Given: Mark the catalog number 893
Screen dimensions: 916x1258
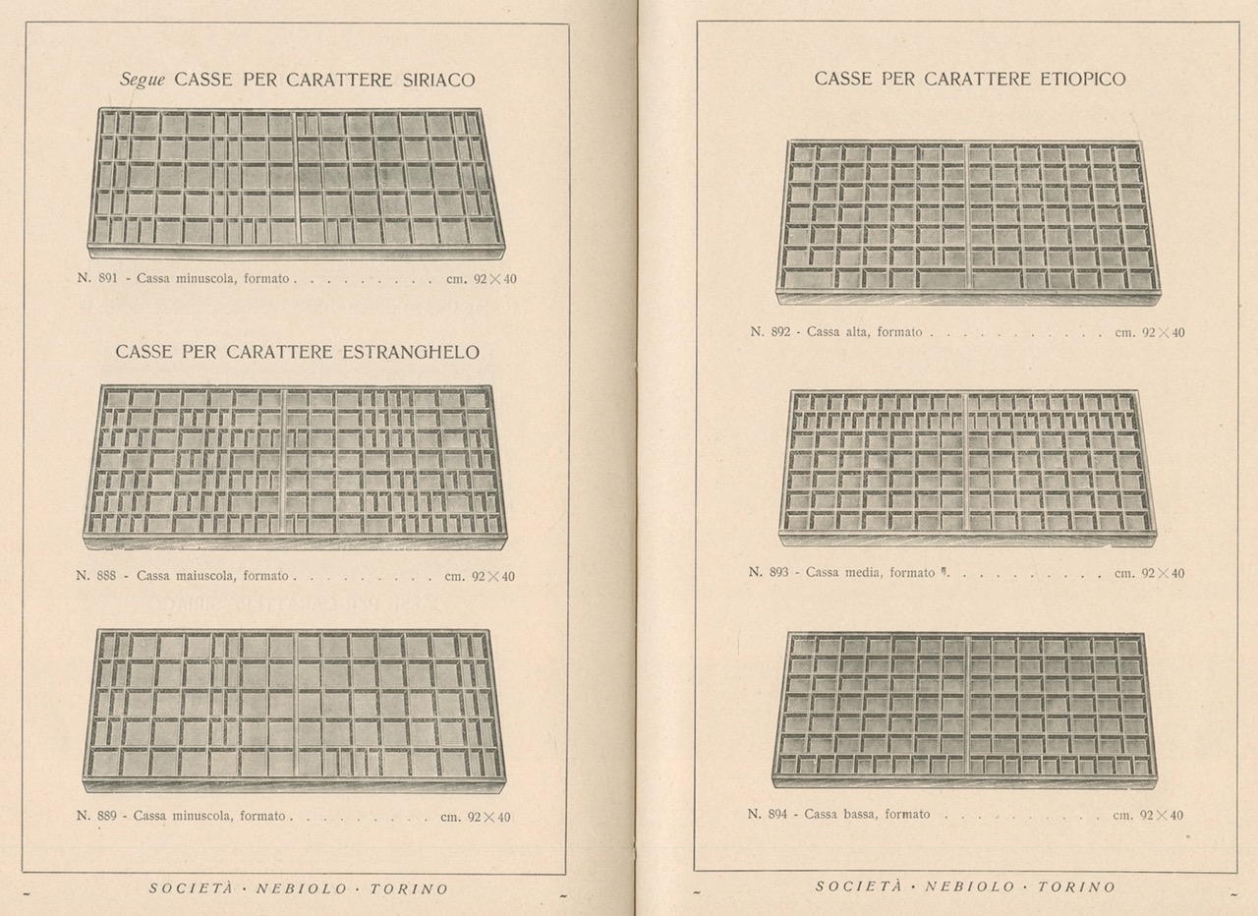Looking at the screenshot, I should [x=778, y=573].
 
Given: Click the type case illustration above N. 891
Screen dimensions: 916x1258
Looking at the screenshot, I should [x=295, y=183].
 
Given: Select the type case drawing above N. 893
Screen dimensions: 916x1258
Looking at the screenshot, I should [x=968, y=466].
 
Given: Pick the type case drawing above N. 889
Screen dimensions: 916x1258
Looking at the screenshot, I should [x=294, y=710].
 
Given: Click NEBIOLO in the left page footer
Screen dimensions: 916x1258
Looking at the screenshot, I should [x=301, y=889].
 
